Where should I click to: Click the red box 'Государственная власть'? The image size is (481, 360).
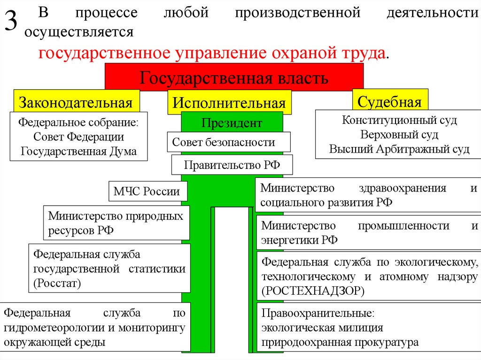[x=234, y=77]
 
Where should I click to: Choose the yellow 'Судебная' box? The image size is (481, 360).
[x=389, y=101]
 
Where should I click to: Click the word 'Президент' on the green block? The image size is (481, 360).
[x=232, y=123]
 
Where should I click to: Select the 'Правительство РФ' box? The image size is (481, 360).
[x=232, y=165]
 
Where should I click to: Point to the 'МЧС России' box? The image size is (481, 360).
[x=147, y=191]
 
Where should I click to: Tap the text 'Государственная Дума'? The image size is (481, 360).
[x=78, y=152]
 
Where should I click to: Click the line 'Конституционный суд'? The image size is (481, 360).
[x=399, y=120]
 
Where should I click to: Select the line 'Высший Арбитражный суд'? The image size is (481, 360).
[x=399, y=150]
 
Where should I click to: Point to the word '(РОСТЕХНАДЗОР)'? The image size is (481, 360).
[x=313, y=291]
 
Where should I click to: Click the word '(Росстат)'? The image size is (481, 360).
[x=57, y=283]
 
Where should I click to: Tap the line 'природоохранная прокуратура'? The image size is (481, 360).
[x=340, y=342]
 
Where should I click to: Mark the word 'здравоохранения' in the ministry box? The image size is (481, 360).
[x=402, y=188]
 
